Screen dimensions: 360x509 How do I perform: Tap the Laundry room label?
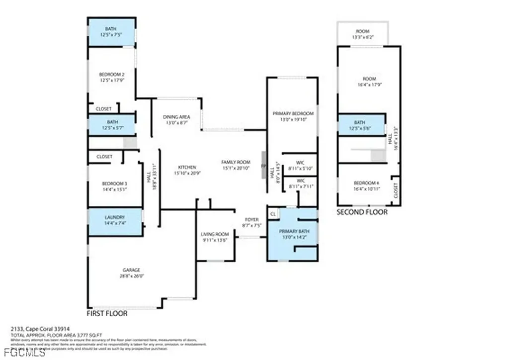click(x=115, y=217)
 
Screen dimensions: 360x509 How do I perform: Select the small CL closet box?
click(x=273, y=214)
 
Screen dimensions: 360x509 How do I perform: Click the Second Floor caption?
click(x=362, y=212)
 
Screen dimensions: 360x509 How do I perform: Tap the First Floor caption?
click(x=107, y=314)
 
